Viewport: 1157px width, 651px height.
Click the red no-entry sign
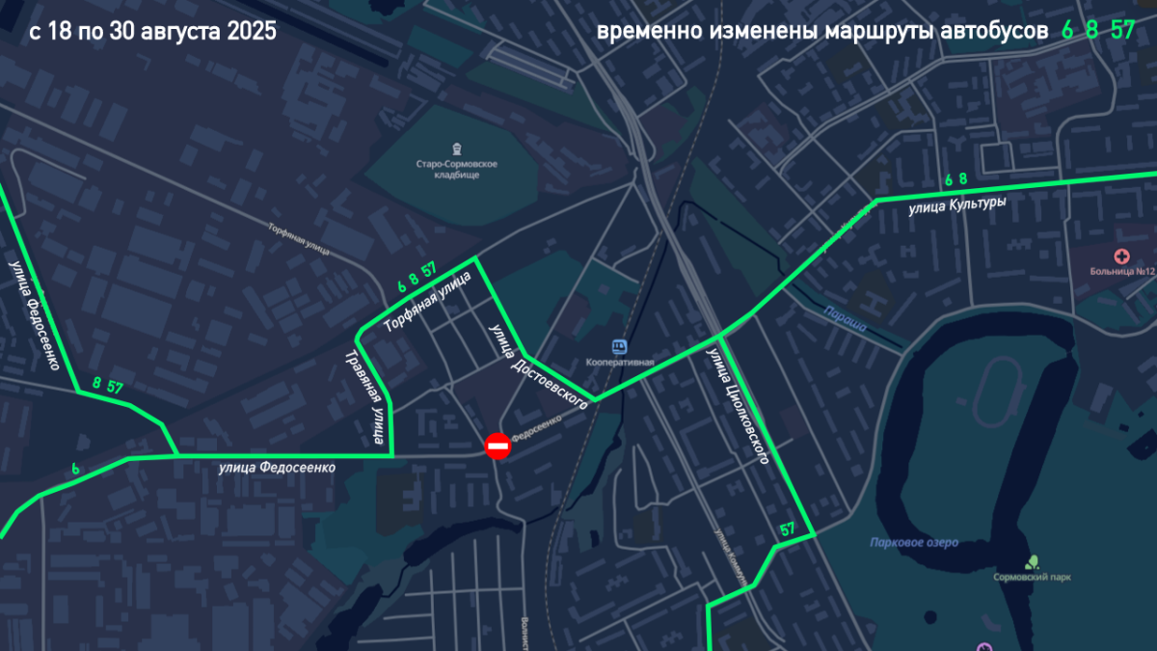coord(498,446)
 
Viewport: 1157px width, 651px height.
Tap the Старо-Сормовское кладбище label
coord(457,171)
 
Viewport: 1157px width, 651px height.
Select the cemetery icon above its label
coord(457,149)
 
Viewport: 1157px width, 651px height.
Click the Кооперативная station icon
coord(619,345)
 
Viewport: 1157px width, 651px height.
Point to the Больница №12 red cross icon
coord(1121,257)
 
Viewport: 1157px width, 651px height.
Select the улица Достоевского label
coord(538,367)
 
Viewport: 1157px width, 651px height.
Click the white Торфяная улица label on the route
coord(427,302)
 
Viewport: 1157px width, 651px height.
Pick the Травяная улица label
coord(363,398)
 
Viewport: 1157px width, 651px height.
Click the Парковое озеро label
coord(913,543)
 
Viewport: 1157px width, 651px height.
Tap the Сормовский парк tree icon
coord(1033,560)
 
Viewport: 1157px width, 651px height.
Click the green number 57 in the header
coord(1122,30)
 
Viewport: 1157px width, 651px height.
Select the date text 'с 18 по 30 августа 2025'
coord(152,31)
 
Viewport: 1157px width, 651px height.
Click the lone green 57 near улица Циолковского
coord(788,529)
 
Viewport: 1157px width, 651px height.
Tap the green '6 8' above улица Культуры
coord(955,179)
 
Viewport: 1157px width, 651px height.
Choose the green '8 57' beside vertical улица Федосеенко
coord(107,385)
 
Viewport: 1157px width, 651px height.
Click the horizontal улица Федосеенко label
coord(277,468)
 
